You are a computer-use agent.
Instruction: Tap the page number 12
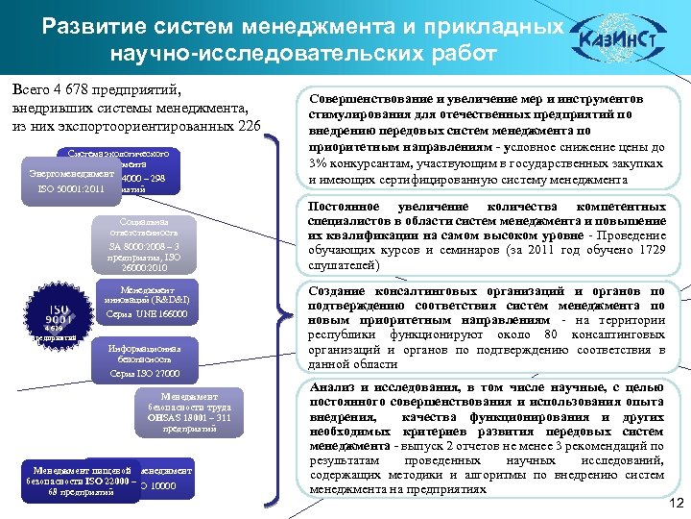[x=674, y=505]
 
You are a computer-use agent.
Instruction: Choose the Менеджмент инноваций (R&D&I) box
[x=147, y=301]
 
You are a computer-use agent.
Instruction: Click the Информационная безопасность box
[x=143, y=357]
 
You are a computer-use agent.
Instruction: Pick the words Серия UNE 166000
[x=147, y=315]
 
